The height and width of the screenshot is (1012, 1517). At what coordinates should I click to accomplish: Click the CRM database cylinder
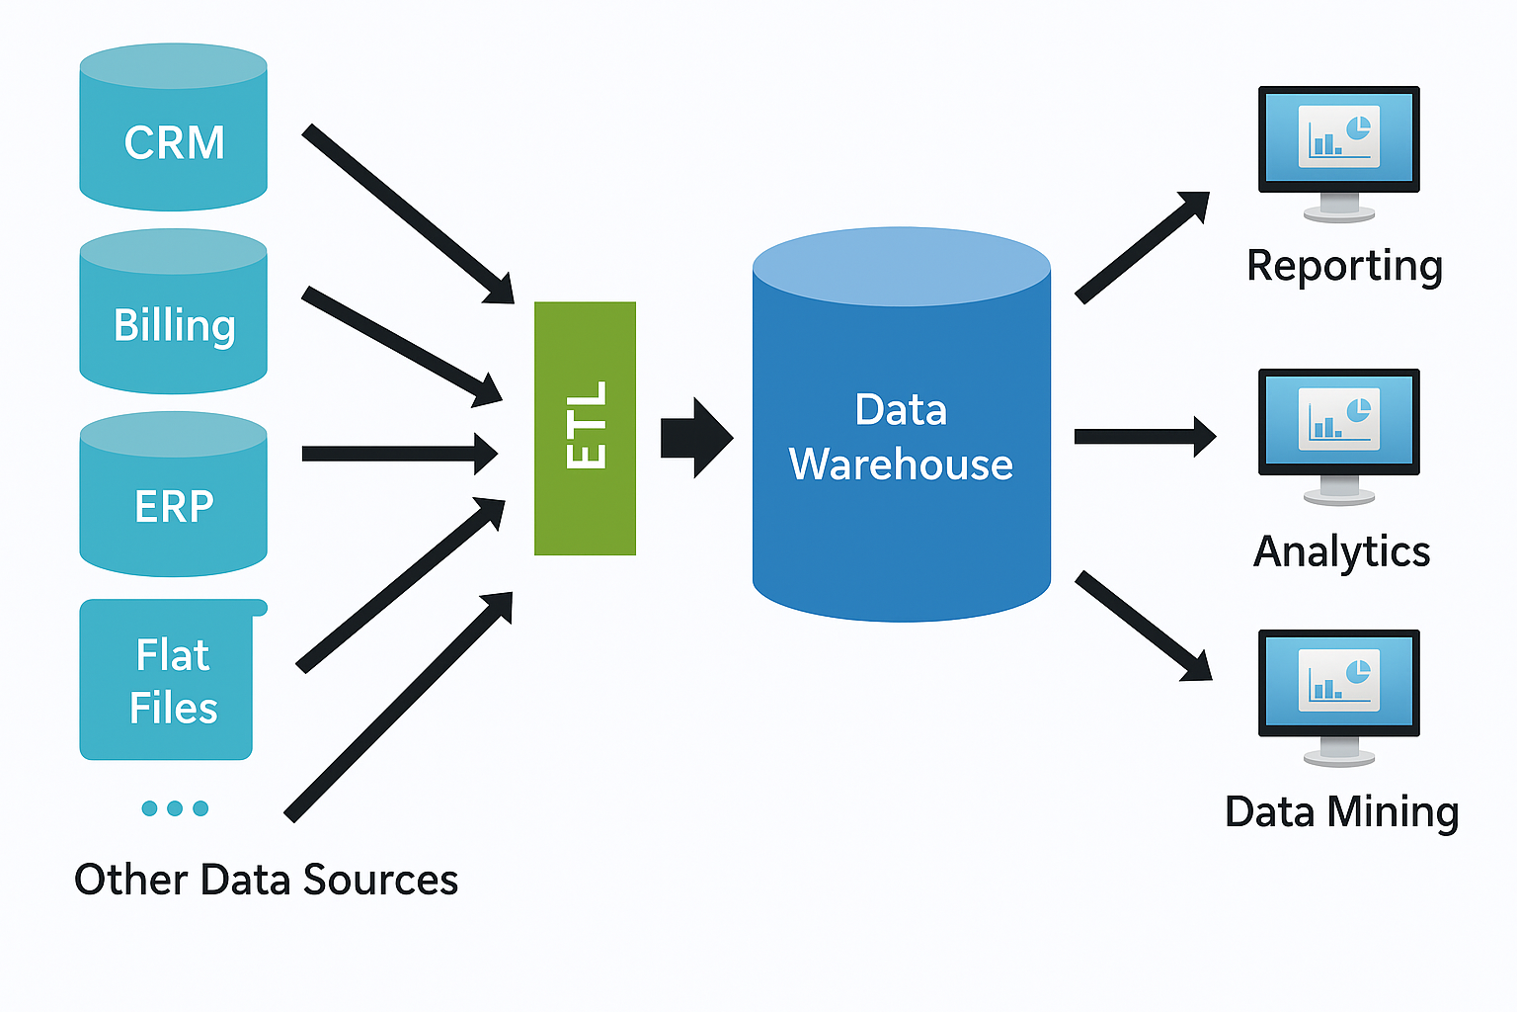pos(173,128)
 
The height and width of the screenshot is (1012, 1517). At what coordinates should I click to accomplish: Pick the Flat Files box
pos(167,681)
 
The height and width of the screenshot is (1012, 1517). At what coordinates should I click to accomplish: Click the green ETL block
pos(585,428)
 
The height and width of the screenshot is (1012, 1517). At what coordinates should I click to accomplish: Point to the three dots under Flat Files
pos(175,808)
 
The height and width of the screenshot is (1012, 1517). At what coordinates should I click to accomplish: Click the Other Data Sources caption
pos(266,880)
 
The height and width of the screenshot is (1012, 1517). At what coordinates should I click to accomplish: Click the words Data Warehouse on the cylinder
pos(901,438)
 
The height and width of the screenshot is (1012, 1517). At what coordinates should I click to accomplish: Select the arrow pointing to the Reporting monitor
pos(1141,247)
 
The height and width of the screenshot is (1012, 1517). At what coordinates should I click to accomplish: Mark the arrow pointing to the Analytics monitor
pos(1144,437)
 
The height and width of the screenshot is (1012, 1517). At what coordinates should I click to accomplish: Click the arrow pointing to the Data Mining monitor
pos(1142,626)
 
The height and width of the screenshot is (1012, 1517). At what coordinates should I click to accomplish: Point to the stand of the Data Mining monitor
pos(1339,753)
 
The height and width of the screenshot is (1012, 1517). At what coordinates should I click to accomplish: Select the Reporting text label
pos(1344,266)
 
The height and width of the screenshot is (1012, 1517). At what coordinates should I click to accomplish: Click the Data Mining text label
pos(1341,812)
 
